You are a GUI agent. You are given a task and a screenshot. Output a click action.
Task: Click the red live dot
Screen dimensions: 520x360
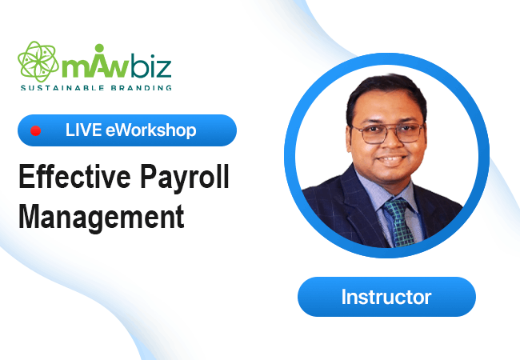coord(35,131)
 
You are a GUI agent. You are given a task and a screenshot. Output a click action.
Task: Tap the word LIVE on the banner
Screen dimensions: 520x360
coord(83,130)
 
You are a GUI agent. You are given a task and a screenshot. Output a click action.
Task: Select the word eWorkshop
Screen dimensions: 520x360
coord(151,130)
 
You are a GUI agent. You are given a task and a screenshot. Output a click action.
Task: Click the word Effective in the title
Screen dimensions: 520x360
coord(74,177)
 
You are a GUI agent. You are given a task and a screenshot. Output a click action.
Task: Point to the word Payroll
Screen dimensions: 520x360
coord(184,179)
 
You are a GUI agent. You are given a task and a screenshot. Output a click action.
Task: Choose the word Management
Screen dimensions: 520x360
coord(102,217)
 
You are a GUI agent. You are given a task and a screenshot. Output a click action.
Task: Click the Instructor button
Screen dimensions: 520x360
coord(386,297)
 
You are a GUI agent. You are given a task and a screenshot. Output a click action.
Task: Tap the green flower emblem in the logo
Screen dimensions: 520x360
coord(38,62)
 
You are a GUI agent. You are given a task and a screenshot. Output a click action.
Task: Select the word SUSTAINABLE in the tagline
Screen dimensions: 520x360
coord(62,88)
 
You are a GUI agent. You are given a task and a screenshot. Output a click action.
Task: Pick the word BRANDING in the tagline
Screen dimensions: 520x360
coord(142,88)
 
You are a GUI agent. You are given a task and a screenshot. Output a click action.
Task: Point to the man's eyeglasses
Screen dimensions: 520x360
coord(388,133)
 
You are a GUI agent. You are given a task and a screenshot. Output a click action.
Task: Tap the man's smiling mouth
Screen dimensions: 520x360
coord(392,159)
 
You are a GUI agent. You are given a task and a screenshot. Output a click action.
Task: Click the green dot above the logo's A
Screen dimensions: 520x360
coord(99,48)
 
